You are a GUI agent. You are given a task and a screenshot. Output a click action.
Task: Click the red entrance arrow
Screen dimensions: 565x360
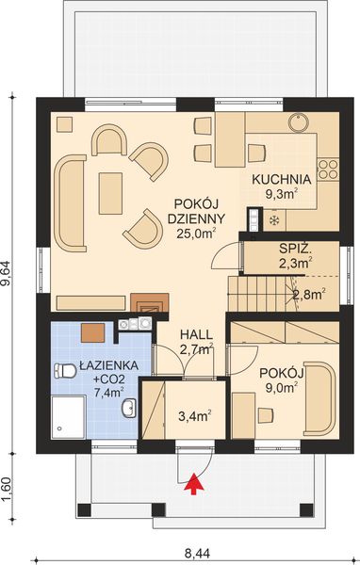(195, 484)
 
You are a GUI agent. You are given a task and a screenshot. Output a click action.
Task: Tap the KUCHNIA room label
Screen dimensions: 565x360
(281, 179)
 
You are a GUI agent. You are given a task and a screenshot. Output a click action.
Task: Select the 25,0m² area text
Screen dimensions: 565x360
(196, 234)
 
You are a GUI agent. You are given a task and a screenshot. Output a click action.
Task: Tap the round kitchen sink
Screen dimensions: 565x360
(299, 123)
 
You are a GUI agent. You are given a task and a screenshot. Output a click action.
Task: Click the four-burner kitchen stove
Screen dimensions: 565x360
(327, 169)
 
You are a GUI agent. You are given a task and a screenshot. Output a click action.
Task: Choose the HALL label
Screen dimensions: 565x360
(196, 335)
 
